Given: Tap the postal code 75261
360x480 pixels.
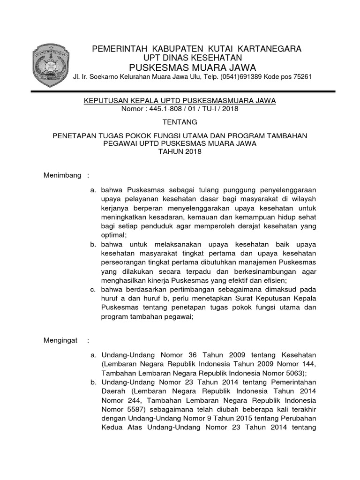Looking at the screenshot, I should [300, 77].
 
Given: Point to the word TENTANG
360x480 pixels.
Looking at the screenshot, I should [180, 122].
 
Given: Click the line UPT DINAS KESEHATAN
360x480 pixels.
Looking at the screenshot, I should [195, 57].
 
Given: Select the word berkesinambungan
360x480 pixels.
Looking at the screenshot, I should [255, 271].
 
